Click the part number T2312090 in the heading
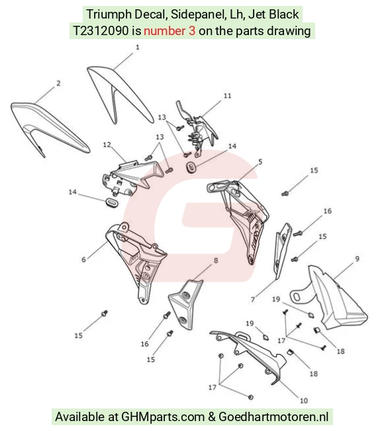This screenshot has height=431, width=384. pos(101,30)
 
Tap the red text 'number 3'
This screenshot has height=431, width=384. pos(169,30)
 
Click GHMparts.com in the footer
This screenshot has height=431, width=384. pos(163,416)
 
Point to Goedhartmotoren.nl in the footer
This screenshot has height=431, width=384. pos(273,416)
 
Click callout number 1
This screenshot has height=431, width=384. pos(138,47)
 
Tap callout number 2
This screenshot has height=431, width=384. pos(58,83)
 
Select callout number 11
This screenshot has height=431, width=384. pos(227,95)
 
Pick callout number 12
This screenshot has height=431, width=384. pos(107,144)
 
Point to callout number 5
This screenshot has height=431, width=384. pos(260,162)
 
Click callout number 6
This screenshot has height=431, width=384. pos(83,260)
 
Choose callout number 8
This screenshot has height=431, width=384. pos(215,260)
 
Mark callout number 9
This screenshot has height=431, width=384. pos(357,259)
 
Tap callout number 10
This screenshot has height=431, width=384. pos(304,401)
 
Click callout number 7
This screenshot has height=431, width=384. pos(253,299)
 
